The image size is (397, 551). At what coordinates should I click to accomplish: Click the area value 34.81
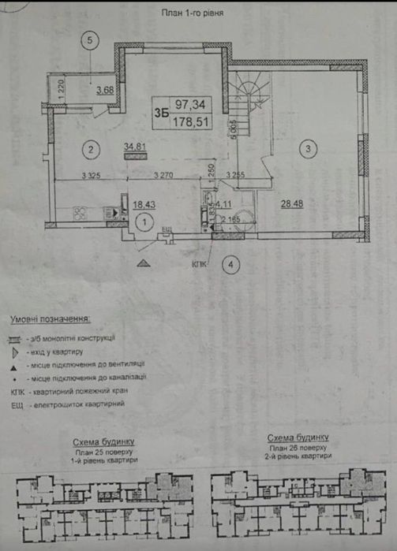[137, 146]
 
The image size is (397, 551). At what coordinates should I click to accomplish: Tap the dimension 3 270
[164, 175]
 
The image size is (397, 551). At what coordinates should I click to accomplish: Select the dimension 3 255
[238, 175]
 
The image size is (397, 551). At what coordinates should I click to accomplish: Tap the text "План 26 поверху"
[297, 447]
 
